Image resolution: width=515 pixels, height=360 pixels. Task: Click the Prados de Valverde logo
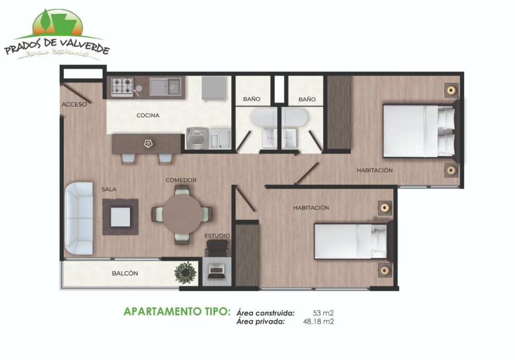[57, 35]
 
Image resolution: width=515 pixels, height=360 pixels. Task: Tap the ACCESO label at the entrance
[74, 105]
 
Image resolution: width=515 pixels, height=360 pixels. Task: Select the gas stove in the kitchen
[122, 87]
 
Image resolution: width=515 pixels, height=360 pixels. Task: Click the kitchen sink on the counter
[165, 87]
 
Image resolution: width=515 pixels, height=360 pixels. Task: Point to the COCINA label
[148, 115]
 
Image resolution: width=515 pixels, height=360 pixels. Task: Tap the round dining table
[182, 214]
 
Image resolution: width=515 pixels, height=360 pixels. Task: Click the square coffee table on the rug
[120, 217]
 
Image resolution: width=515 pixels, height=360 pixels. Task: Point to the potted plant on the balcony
[185, 272]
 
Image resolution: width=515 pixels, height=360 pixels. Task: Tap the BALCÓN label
[125, 273]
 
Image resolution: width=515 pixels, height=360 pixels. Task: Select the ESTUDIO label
[217, 236]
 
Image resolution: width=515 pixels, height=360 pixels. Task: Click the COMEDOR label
[181, 180]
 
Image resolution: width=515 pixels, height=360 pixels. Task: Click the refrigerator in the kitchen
[214, 88]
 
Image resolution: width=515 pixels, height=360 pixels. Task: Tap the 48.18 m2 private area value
[318, 321]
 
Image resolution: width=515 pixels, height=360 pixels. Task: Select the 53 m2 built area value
[323, 313]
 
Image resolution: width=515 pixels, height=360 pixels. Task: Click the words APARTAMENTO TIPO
[177, 312]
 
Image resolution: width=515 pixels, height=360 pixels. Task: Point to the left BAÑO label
[252, 99]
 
